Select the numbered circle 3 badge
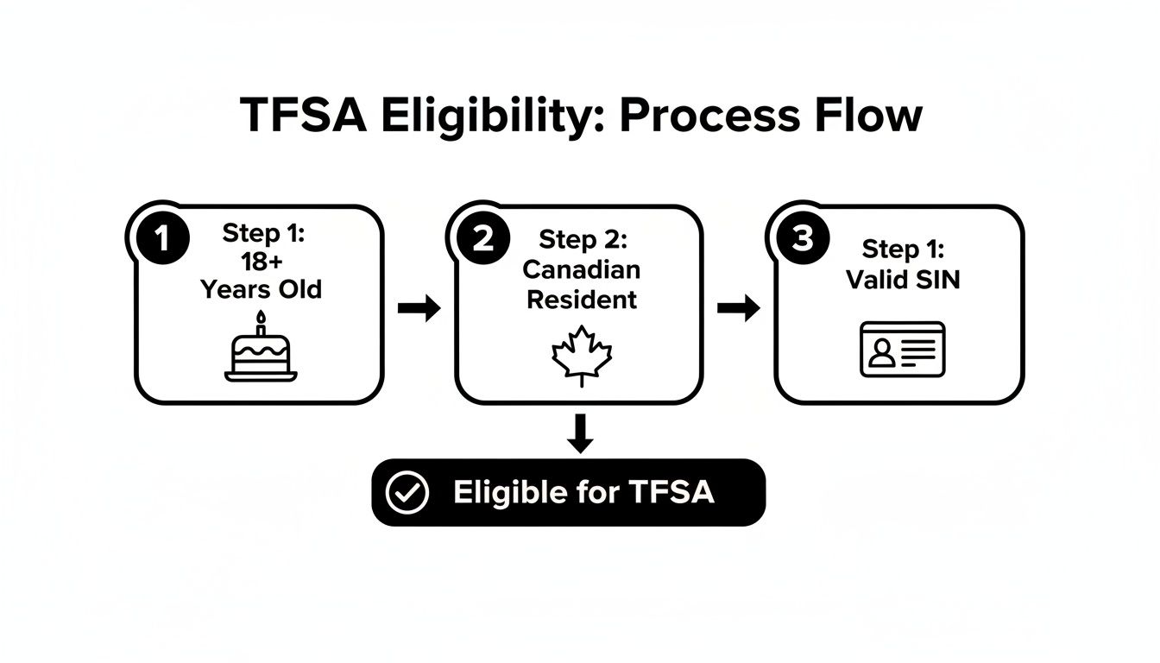[x=802, y=239]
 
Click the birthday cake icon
[x=261, y=353]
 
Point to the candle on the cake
[x=261, y=325]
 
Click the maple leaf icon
[x=582, y=355]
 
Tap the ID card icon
[x=903, y=349]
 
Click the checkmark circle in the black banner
[x=407, y=492]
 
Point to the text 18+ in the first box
[x=261, y=261]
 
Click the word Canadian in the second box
[x=582, y=269]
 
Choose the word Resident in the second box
[x=582, y=299]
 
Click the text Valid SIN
[x=903, y=279]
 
